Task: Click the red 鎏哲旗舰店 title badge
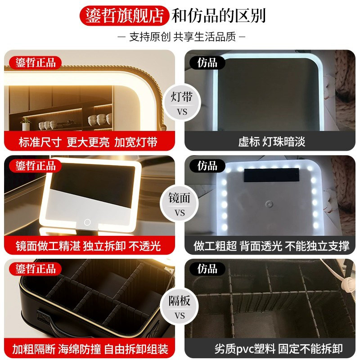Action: (125, 15)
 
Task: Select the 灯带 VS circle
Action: (180, 103)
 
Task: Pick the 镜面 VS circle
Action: (180, 205)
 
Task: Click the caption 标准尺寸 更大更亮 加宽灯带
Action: (88, 142)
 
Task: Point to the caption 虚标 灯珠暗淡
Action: (272, 142)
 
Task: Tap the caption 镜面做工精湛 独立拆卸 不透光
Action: (88, 246)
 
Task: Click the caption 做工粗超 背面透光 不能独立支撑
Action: (272, 246)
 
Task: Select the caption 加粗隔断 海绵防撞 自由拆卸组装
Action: (88, 349)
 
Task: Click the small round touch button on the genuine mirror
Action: (87, 222)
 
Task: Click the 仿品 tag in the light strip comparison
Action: (207, 63)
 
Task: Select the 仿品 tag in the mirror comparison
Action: (207, 166)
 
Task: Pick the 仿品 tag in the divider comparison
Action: (207, 269)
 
